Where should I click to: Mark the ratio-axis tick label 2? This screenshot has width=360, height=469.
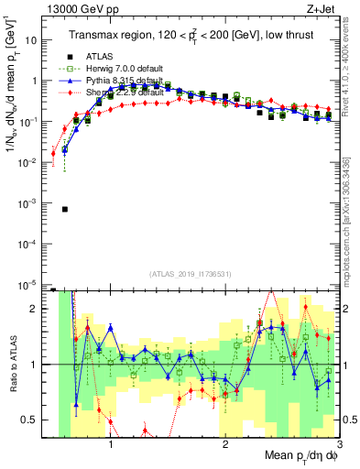[35, 309]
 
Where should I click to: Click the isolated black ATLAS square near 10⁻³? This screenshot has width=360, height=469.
[64, 209]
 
